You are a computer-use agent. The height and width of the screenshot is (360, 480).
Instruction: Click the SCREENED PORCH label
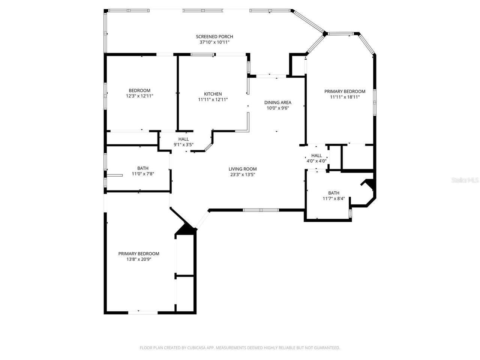214,36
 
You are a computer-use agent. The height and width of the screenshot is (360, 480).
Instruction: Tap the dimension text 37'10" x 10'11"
214,42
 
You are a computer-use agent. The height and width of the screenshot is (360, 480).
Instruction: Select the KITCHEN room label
213,94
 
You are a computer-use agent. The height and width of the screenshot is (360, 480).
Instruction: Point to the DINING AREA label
277,102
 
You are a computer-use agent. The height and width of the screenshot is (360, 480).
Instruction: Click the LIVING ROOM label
243,169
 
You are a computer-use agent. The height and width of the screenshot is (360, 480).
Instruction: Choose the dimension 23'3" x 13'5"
243,174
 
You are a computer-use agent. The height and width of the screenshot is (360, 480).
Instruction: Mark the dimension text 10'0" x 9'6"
277,108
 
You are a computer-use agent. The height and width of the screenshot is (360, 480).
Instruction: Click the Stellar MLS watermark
465,180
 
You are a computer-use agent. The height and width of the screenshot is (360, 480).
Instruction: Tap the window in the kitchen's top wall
202,54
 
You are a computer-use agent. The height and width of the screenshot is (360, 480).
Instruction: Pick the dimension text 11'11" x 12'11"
213,100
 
